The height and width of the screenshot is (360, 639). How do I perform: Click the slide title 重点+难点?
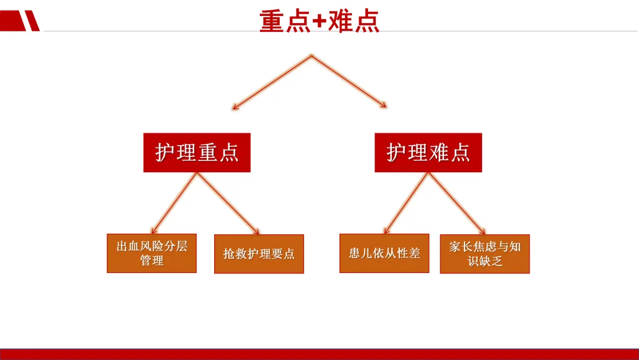(x=319, y=21)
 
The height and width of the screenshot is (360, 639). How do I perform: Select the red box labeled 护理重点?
(x=197, y=153)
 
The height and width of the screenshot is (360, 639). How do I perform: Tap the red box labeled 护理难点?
(x=428, y=153)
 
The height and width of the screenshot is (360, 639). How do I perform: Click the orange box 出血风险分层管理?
(x=151, y=253)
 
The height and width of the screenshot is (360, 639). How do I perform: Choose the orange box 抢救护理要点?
(x=259, y=254)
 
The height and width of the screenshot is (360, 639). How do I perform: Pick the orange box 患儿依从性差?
(x=384, y=253)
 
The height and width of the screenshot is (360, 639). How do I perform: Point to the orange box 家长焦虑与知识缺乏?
(x=485, y=253)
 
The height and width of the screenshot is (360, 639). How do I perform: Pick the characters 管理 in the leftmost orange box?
(x=151, y=261)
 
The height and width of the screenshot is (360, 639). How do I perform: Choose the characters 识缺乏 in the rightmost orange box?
(x=485, y=261)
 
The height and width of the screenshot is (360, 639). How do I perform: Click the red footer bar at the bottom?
(x=319, y=354)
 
